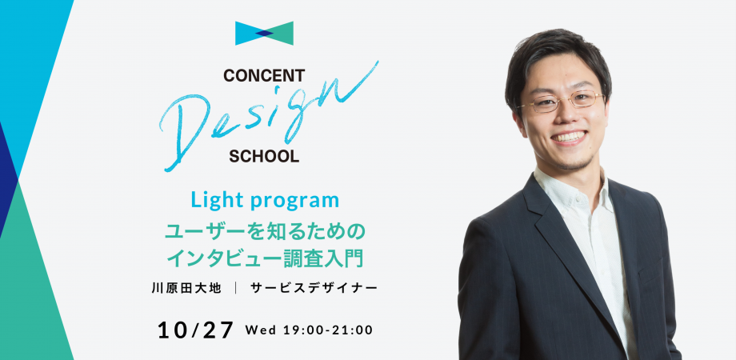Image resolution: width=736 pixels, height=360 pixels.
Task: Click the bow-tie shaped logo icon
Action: pyautogui.click(x=264, y=34)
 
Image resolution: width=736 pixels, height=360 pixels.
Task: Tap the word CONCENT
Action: pyautogui.click(x=264, y=75)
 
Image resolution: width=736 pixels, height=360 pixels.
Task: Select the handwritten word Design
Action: pyautogui.click(x=269, y=116)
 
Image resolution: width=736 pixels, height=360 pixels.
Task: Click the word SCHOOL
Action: pyautogui.click(x=264, y=156)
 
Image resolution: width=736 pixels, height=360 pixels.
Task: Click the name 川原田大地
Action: pyautogui.click(x=186, y=288)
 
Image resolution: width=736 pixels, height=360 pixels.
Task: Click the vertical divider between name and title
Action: pyautogui.click(x=236, y=288)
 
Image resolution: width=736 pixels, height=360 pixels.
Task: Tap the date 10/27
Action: pyautogui.click(x=195, y=330)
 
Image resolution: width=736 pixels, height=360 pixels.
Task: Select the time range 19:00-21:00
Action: pyautogui.click(x=328, y=330)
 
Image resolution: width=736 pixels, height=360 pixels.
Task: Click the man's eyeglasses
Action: pyautogui.click(x=561, y=100)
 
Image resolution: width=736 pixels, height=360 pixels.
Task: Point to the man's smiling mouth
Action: pyautogui.click(x=569, y=137)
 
